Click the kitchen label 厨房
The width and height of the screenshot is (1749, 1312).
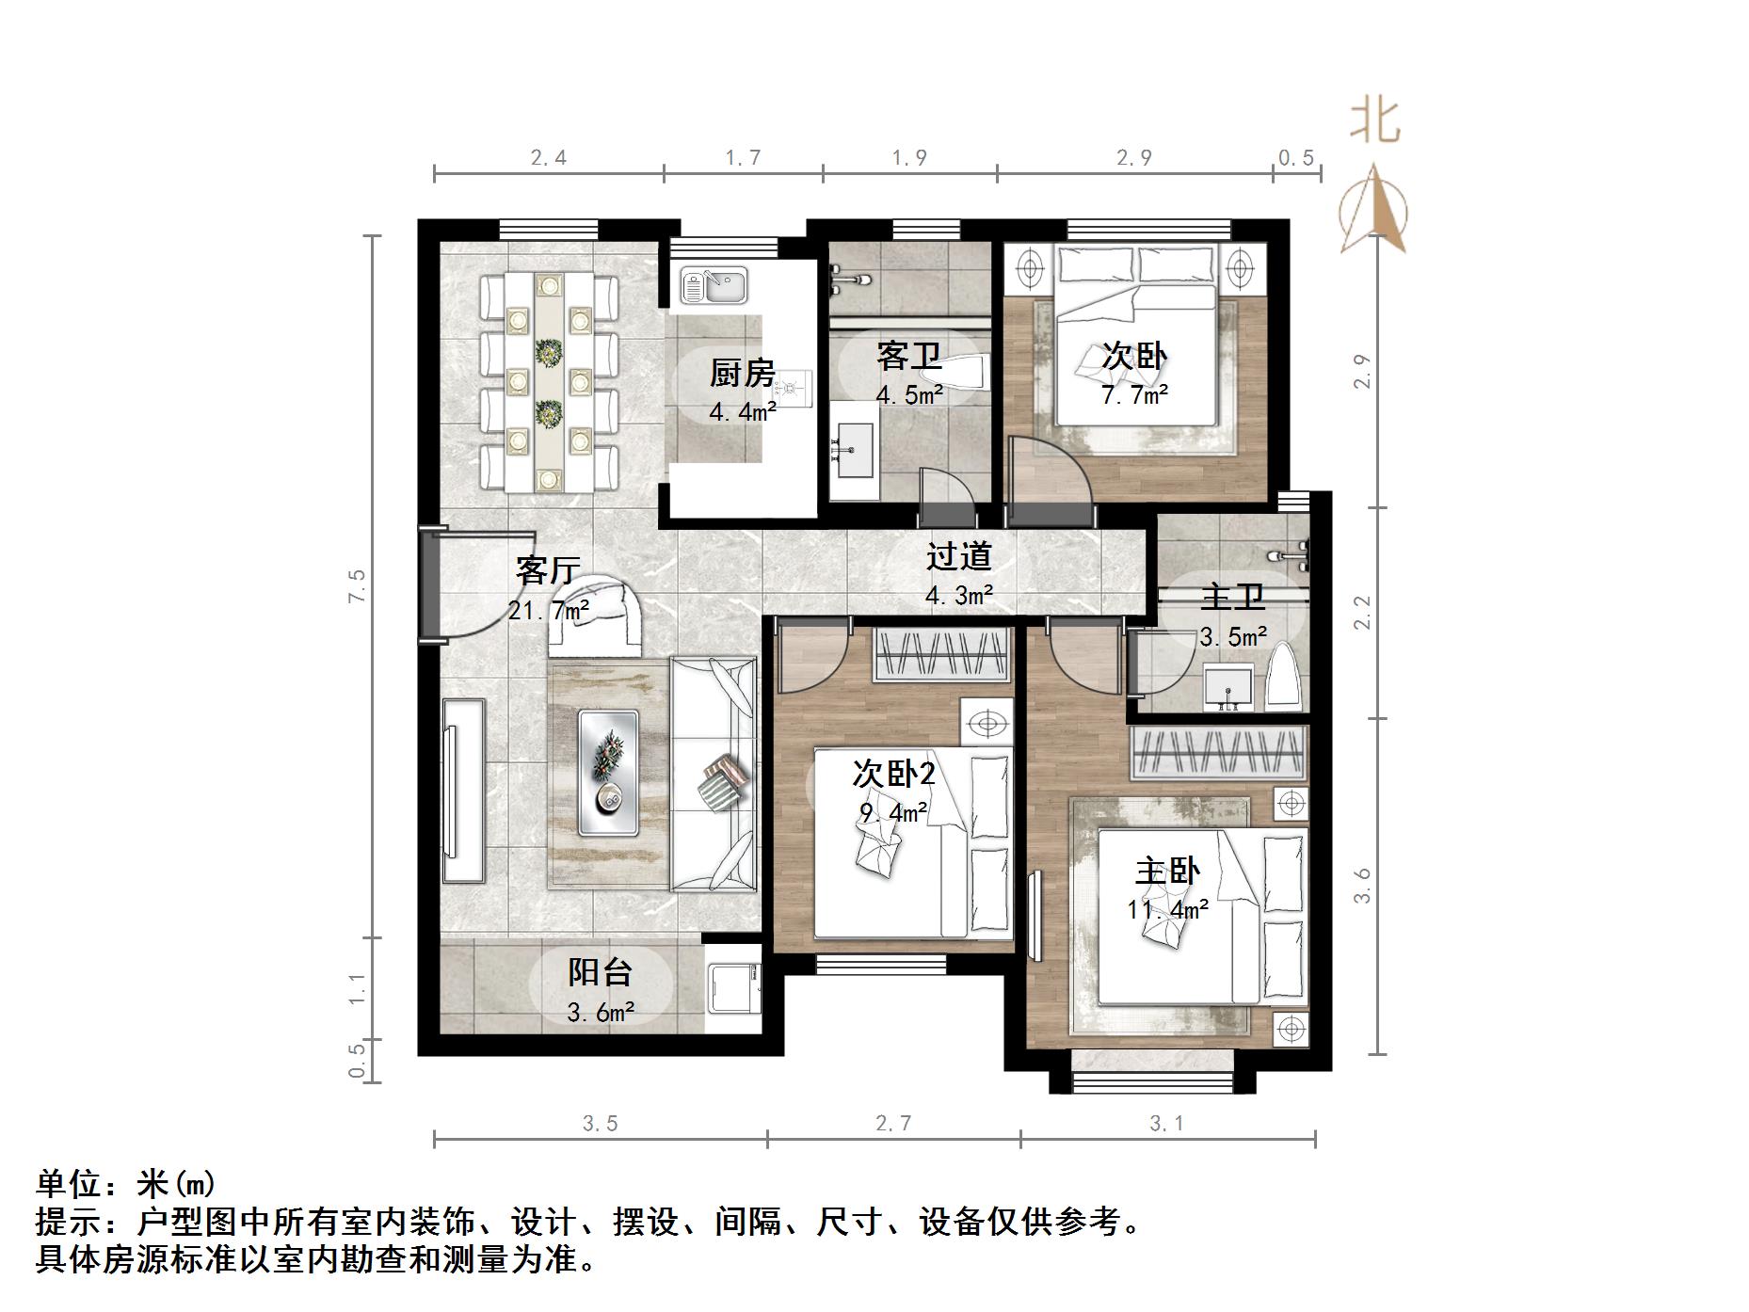click(742, 374)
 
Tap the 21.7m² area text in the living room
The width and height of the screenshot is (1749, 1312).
click(549, 611)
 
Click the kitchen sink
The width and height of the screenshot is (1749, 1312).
click(714, 284)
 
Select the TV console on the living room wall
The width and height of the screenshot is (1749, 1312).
click(463, 791)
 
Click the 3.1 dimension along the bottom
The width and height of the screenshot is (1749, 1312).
click(1166, 1123)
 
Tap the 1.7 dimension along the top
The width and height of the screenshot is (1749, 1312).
click(743, 158)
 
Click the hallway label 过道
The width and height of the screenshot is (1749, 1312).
click(958, 556)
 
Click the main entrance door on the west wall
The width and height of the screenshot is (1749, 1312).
click(429, 584)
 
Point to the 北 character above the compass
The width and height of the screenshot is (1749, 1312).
click(1375, 121)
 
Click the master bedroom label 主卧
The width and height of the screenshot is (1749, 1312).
click(1167, 872)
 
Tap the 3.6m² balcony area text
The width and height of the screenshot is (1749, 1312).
click(601, 1013)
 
